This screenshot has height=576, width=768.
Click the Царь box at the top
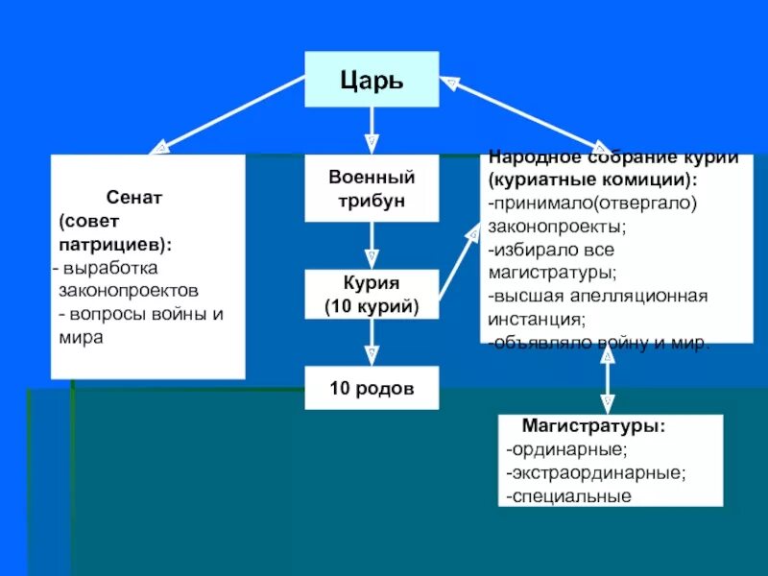[x=372, y=79]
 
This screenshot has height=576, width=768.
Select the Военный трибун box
[x=372, y=189]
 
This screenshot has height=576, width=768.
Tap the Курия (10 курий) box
[x=372, y=294]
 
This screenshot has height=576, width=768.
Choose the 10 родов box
[x=372, y=388]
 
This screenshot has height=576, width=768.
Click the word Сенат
[x=134, y=196]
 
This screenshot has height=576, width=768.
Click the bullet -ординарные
[x=567, y=448]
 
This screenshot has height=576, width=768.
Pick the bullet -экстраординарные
[x=596, y=472]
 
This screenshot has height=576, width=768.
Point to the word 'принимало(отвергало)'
[x=591, y=204]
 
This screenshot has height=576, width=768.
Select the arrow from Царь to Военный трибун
[x=372, y=130]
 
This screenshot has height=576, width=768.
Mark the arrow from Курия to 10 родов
[x=372, y=342]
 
